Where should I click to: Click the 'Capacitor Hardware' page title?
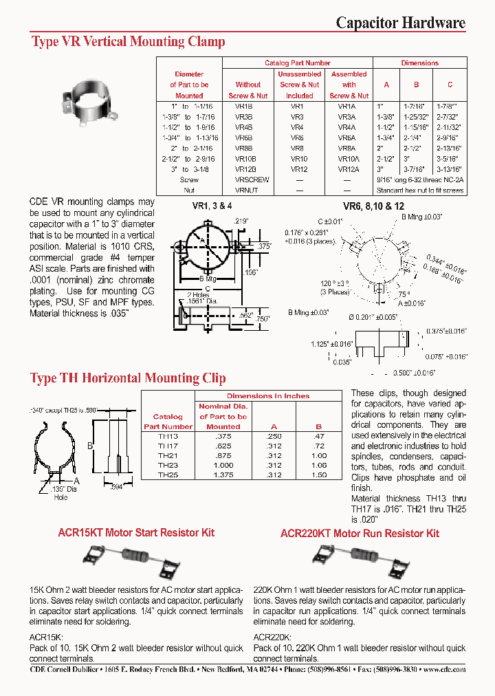(x=400, y=23)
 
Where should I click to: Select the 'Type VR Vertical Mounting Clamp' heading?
(x=129, y=42)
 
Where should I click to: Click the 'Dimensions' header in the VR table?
(x=419, y=63)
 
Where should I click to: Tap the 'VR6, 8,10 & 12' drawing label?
(x=374, y=206)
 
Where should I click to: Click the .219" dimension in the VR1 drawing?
(x=241, y=221)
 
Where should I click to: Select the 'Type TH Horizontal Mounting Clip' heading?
(x=133, y=378)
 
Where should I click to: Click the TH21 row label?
(x=168, y=455)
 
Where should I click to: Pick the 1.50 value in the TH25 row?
(x=318, y=475)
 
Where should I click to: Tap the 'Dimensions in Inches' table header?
(x=268, y=396)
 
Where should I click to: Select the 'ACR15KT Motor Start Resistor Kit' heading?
(x=135, y=533)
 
